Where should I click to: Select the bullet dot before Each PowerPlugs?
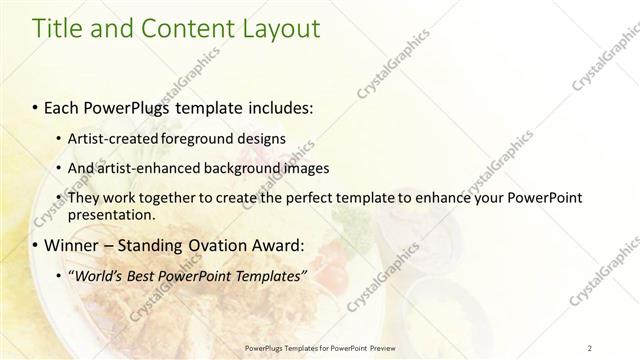coord(36,105)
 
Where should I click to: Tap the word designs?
coord(261,138)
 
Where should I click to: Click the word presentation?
coord(111,215)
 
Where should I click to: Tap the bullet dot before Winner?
coord(36,245)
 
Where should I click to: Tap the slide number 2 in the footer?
coord(590,347)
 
